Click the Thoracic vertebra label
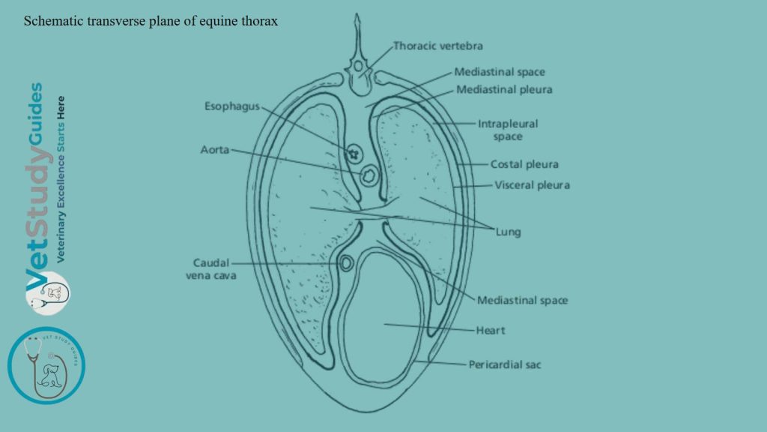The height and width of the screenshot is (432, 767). click(x=438, y=46)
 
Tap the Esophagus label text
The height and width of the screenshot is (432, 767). click(x=231, y=106)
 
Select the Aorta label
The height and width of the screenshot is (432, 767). click(x=215, y=150)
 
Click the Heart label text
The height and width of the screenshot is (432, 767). click(x=491, y=330)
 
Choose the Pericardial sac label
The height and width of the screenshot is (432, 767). click(x=504, y=365)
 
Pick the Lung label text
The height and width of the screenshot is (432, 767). click(x=508, y=232)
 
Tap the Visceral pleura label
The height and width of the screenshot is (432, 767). click(x=532, y=185)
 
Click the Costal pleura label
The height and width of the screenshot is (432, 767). click(x=524, y=164)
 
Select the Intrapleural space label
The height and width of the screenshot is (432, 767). click(x=508, y=130)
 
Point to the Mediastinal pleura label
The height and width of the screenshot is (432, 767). click(x=504, y=90)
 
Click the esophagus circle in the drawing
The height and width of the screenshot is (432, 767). click(x=353, y=153)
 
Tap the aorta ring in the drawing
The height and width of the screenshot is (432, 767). click(x=369, y=176)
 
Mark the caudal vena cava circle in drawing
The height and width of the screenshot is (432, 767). click(x=346, y=263)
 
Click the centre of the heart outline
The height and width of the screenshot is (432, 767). click(x=383, y=315)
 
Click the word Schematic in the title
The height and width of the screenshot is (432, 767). click(x=49, y=21)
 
